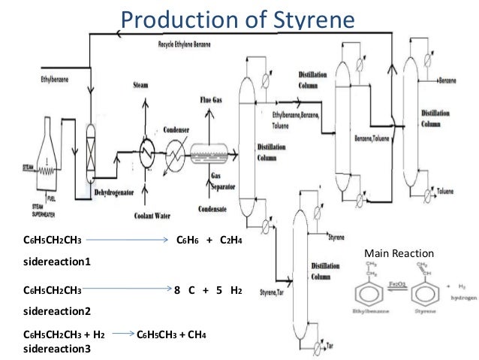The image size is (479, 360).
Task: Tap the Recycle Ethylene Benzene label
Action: [x=191, y=44]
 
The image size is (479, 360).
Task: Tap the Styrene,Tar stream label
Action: [x=273, y=292]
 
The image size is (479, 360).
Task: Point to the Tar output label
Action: [x=331, y=344]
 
